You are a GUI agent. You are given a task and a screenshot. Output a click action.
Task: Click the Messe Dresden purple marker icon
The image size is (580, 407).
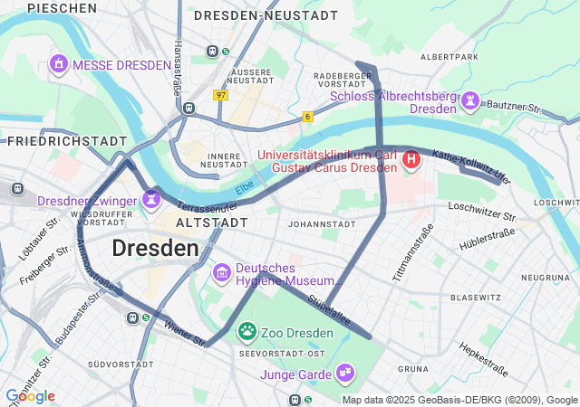[x=59, y=64]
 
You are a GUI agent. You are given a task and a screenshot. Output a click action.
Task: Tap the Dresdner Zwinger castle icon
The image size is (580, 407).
[x=151, y=198]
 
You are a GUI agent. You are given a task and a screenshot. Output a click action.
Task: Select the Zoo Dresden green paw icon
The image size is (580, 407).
[x=246, y=332]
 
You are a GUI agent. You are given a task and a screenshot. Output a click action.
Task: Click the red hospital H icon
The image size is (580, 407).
[x=411, y=161]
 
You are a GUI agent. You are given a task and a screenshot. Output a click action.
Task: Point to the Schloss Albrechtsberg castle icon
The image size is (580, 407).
[x=470, y=100]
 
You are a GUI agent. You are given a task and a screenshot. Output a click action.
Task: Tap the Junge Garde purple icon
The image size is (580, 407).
[x=344, y=372]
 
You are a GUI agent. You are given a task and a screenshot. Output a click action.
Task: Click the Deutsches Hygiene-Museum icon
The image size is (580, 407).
[x=221, y=272]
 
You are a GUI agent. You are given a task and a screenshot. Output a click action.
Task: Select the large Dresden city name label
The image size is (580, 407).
[x=155, y=248]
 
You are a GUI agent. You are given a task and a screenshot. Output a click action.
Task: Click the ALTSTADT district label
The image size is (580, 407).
[x=211, y=222]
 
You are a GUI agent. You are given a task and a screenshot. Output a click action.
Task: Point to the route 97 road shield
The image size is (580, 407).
[x=221, y=94]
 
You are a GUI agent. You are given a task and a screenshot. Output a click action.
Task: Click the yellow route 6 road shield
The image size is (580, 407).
[x=308, y=117]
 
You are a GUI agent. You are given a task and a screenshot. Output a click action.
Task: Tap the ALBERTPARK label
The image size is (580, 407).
[x=449, y=56]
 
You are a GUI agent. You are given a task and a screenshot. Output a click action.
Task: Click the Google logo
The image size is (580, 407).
[x=30, y=396]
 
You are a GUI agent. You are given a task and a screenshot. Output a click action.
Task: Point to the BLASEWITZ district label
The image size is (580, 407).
[x=476, y=297]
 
